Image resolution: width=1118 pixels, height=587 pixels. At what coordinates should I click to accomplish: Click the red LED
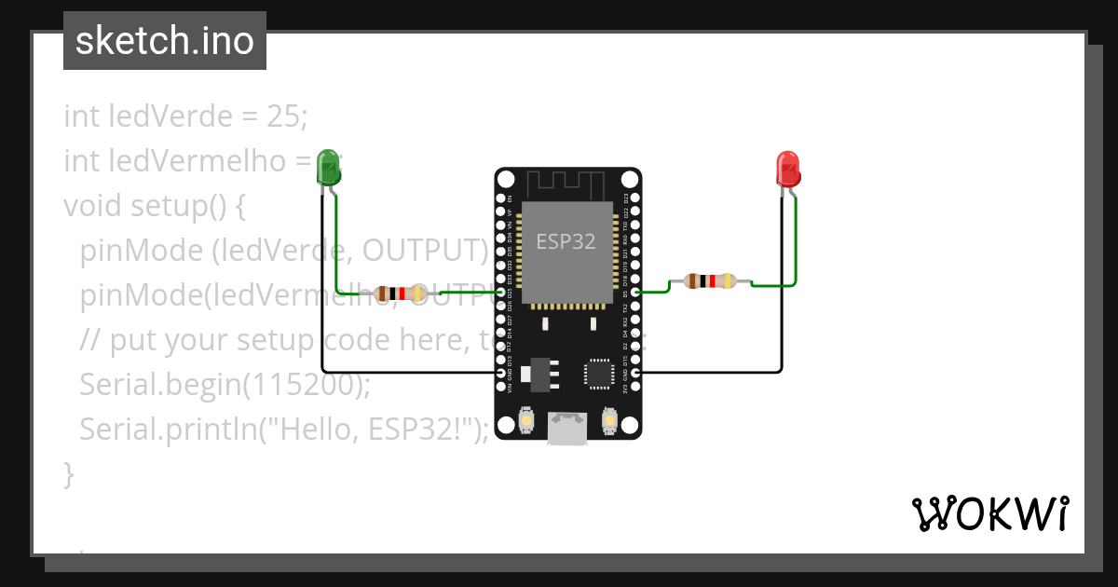pos(788,169)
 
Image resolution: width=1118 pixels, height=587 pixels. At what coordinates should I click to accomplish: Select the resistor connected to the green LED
pos(399,293)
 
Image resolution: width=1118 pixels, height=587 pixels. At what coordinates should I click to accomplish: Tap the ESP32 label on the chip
pos(566,241)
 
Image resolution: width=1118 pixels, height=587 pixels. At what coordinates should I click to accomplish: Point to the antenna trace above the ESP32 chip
pos(567,183)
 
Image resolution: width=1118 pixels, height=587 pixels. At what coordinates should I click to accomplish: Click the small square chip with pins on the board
pos(596,372)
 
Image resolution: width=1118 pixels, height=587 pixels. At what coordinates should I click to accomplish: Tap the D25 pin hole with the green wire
pos(502,293)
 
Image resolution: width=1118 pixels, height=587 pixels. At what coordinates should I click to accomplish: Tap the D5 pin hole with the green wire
pos(634,293)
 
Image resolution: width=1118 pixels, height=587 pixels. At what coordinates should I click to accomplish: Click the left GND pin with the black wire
pos(502,373)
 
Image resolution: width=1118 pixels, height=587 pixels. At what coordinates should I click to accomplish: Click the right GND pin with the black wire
pos(634,373)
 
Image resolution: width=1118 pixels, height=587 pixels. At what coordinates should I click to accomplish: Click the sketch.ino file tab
pos(164,42)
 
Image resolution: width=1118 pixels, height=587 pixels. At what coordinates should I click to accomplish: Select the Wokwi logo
pos(989,513)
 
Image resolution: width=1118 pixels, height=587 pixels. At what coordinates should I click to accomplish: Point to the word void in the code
pos(92,205)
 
